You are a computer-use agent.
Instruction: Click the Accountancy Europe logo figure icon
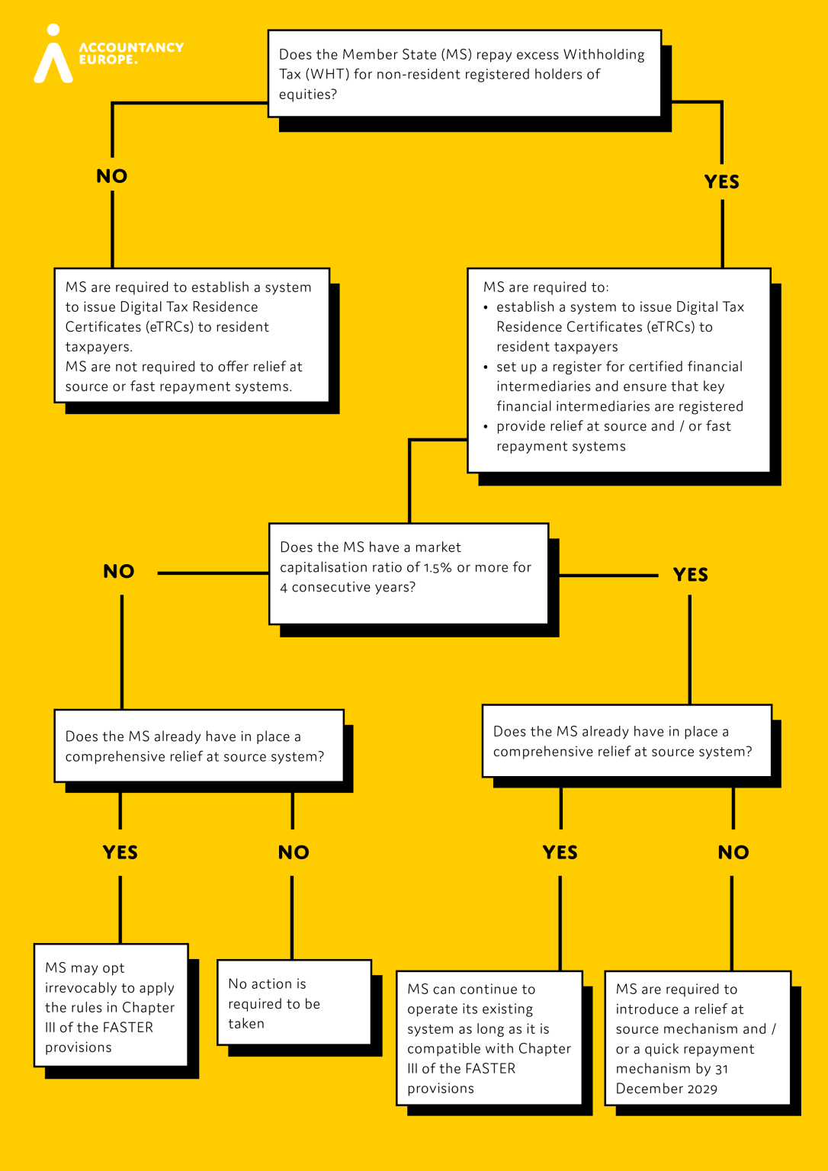[53, 55]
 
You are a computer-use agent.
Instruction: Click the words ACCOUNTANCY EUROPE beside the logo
[131, 53]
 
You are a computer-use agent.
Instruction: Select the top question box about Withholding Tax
[464, 74]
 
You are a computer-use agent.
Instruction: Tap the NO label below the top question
[112, 176]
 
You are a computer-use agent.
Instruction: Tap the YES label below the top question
[721, 181]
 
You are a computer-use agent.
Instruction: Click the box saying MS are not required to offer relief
[191, 335]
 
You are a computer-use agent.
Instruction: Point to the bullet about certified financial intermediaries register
[619, 387]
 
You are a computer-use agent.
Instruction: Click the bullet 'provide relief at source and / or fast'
[613, 426]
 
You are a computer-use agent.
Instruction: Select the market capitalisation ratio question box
[408, 573]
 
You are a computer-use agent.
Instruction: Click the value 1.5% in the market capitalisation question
[438, 568]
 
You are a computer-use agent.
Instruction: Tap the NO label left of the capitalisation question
[119, 572]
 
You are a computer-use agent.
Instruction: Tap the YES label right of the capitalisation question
[690, 575]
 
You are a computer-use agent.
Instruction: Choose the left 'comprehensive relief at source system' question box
[198, 746]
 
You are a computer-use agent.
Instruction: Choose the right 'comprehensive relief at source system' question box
[626, 741]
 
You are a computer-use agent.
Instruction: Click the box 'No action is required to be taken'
[294, 1003]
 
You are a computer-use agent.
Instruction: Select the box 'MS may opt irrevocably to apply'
[111, 1006]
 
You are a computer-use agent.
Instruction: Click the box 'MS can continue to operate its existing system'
[489, 1038]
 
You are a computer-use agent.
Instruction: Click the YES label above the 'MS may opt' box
[120, 852]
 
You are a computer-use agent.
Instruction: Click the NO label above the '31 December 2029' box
[733, 852]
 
